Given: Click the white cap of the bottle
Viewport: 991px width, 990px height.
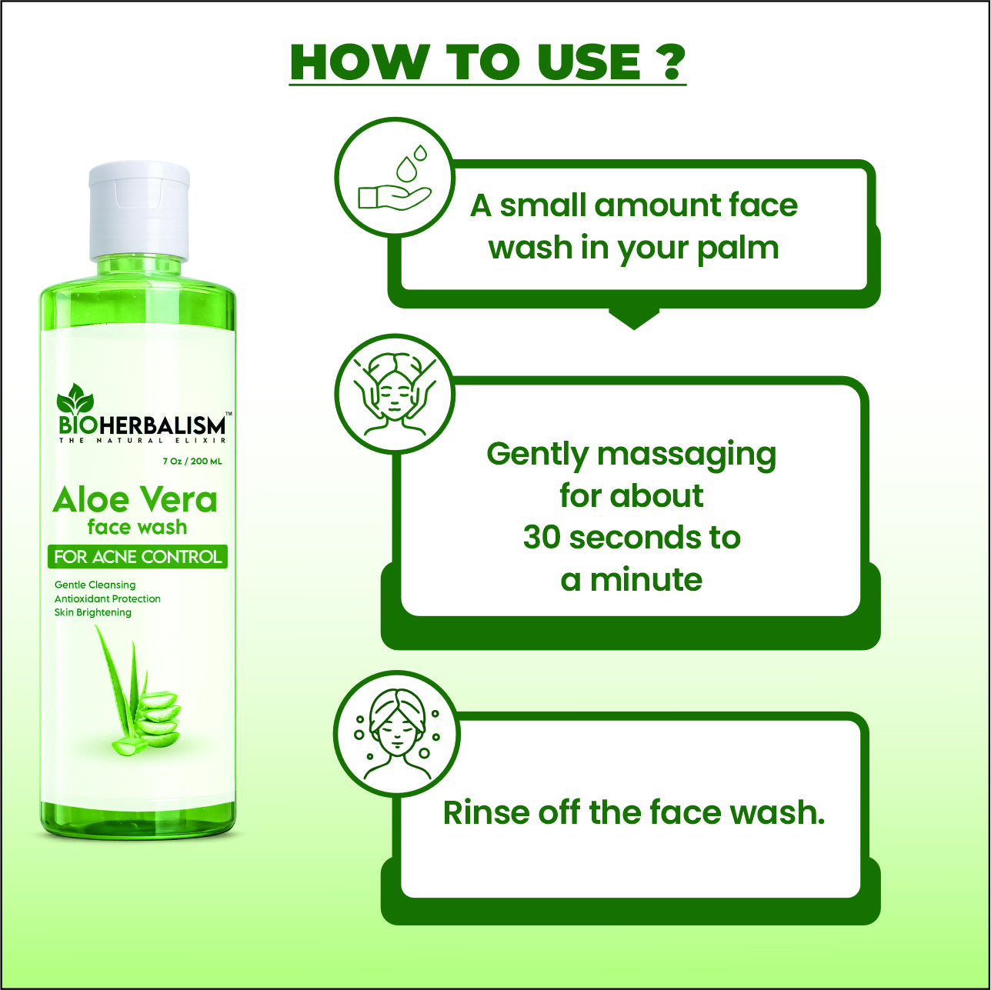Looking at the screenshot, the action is coord(138,212).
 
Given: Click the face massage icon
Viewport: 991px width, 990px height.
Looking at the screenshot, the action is coord(395,395).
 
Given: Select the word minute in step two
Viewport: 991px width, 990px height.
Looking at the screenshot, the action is coord(646,580).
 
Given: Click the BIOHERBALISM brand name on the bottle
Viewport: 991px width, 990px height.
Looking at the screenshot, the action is coord(142,425).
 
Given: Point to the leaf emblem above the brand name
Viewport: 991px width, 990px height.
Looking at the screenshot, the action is coord(75,398).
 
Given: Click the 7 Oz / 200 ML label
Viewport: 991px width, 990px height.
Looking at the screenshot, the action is coord(192,462).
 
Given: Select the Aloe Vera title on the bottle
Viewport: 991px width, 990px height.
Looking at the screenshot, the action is coord(135,500).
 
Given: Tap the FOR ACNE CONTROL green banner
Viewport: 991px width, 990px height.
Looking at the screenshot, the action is coord(137,557).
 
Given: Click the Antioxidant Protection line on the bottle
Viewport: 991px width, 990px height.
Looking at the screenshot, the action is coord(108,598).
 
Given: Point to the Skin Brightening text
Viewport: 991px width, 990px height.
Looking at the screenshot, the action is coord(93,612).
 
